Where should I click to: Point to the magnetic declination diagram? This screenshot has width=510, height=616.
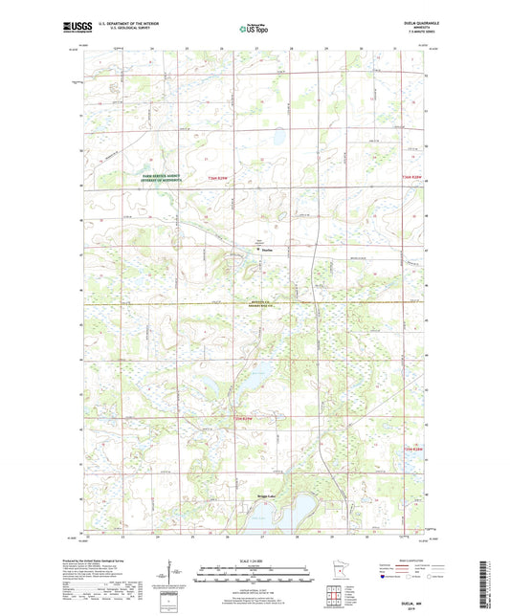click(x=171, y=578)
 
